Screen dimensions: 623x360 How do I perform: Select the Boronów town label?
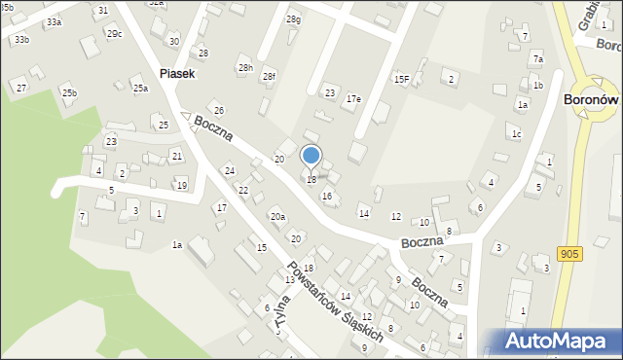click(x=592, y=99)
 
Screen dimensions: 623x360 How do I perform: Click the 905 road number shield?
click(x=570, y=253)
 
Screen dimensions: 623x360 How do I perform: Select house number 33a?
click(x=54, y=21)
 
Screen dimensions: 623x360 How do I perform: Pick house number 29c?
click(x=115, y=34)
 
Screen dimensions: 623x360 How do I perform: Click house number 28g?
click(x=293, y=19)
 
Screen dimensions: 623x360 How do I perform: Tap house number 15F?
click(x=401, y=79)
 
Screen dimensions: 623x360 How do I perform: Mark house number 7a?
click(x=537, y=59)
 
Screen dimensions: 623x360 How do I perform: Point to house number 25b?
click(x=69, y=92)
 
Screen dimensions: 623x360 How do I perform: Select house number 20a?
click(x=277, y=216)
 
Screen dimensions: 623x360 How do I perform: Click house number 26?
click(x=219, y=111)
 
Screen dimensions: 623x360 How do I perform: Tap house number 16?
click(x=327, y=197)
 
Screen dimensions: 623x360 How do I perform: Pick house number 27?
click(x=20, y=89)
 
